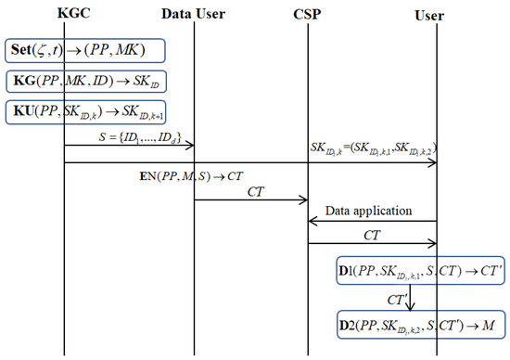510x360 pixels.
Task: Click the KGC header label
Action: (63, 15)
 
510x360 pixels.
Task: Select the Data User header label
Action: (194, 15)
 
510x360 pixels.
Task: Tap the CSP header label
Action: (309, 15)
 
